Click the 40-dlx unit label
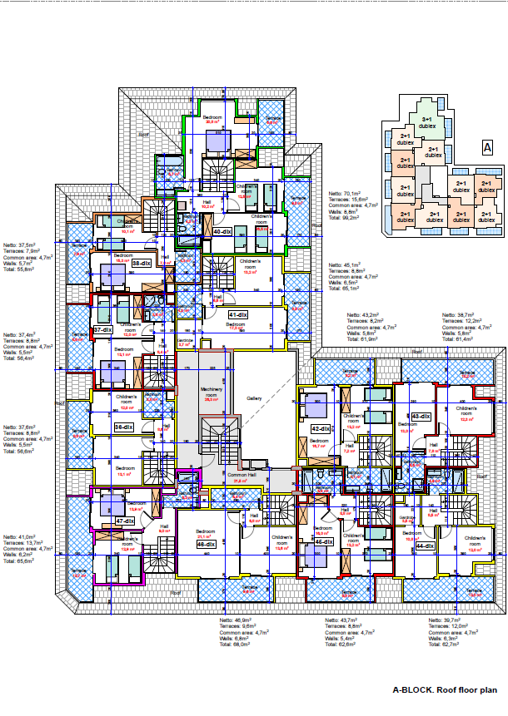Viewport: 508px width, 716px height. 222,232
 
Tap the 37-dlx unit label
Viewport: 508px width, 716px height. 102,330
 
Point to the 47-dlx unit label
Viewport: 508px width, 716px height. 126,521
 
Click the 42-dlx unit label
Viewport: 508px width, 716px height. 321,428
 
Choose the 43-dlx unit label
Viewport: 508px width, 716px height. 420,417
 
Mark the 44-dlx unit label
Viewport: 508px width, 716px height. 425,546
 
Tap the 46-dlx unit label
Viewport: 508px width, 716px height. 324,541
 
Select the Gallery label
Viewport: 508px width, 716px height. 254,398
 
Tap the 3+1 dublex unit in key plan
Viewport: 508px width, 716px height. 426,123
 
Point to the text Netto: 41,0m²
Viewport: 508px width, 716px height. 19,538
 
